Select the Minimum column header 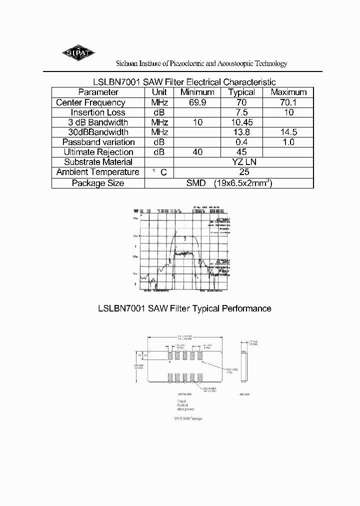pos(197,92)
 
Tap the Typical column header pos(241,92)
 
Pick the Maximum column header pos(288,92)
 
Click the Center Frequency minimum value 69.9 pos(197,102)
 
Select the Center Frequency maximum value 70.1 pos(288,102)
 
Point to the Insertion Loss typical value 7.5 pos(241,112)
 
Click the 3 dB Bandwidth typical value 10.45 pos(241,122)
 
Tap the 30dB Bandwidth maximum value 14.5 pos(288,132)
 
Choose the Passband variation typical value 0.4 pos(241,142)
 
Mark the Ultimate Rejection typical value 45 pos(241,152)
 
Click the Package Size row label pos(98,183)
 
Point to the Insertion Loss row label pos(98,112)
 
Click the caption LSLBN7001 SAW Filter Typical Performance pos(184,308)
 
